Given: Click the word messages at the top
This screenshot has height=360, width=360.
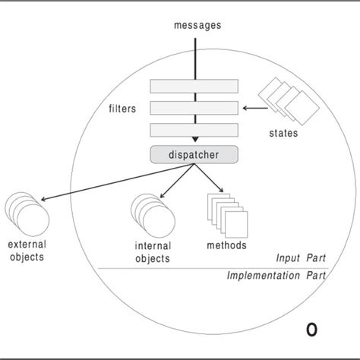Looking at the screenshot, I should click(197, 24).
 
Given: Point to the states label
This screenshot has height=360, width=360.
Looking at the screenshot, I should click(283, 135).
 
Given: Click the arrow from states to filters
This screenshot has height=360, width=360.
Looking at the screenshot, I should click(254, 109).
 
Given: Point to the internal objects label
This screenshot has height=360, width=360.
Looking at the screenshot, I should click(152, 252).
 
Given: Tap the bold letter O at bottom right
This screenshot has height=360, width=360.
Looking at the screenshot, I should click(311, 329).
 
